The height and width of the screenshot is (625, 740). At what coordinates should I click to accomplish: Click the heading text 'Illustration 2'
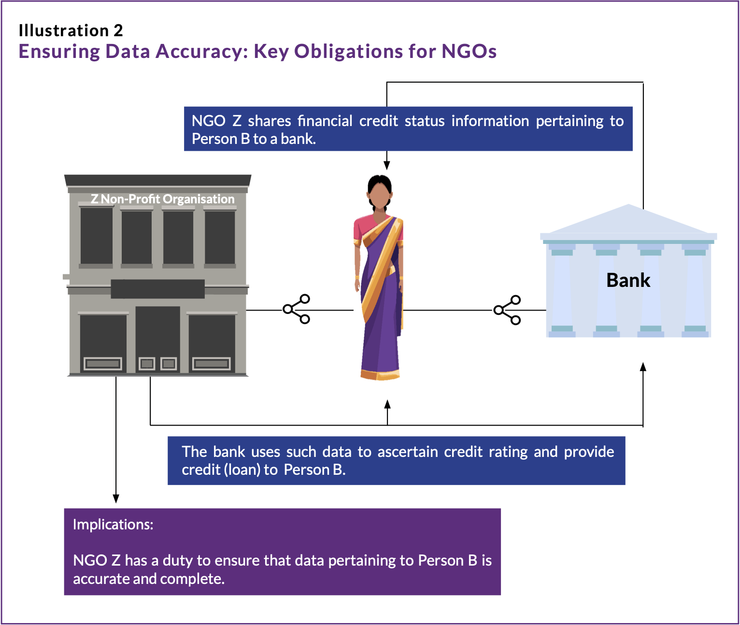71,30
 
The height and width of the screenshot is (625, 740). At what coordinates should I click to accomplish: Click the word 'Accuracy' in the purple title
201,51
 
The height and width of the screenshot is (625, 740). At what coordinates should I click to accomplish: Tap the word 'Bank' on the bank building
628,280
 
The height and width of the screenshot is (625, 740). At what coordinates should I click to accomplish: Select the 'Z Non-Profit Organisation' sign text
162,199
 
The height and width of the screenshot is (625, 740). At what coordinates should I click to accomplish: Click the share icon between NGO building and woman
297,309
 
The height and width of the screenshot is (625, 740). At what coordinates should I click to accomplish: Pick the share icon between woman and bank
507,310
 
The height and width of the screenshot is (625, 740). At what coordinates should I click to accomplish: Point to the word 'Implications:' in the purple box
113,525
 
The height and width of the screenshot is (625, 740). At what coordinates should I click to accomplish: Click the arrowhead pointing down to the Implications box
116,498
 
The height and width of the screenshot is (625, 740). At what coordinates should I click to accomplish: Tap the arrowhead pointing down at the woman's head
386,166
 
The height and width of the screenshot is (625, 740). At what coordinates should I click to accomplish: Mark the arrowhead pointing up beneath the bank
643,367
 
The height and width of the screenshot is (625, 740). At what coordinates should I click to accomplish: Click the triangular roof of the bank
628,220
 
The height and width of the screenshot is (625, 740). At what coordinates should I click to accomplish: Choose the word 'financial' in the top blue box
325,121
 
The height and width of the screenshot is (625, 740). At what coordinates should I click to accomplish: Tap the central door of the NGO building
157,338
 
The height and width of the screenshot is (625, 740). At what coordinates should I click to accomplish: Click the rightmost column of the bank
695,290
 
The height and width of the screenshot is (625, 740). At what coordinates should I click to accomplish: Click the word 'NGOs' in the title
469,51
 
